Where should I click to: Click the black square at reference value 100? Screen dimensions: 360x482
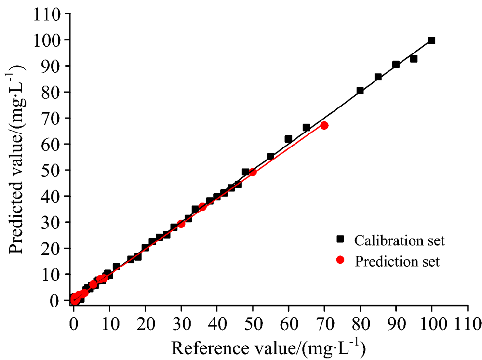431,40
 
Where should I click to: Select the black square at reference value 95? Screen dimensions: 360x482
414,59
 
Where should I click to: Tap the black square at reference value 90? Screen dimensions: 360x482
396,65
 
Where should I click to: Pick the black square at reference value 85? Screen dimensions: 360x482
378,77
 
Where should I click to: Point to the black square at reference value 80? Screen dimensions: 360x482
360,91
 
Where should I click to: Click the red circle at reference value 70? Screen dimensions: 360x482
324,125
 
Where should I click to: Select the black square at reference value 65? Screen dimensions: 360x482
306,128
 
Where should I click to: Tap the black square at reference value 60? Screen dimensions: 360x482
288,139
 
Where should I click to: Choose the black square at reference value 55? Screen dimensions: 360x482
270,157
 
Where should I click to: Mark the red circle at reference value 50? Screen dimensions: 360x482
253,172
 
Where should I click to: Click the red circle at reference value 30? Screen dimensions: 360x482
181,224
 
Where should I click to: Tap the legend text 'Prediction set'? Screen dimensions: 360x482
397,262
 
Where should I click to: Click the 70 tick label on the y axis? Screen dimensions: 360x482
52,118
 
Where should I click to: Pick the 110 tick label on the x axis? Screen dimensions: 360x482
468,322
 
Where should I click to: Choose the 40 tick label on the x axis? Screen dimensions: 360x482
217,322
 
